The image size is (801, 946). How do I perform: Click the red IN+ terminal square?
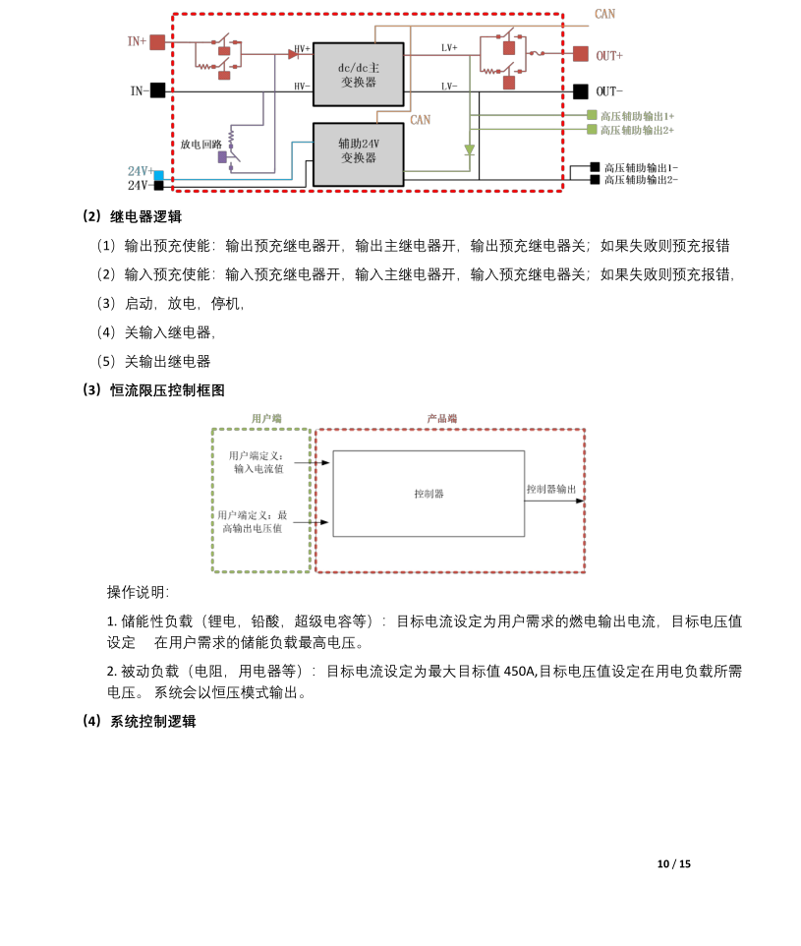tap(157, 42)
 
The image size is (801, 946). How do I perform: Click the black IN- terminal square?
tap(157, 90)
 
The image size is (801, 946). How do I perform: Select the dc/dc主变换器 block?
tap(359, 74)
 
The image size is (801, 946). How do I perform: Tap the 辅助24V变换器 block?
tap(359, 154)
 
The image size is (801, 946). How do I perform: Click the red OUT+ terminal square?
tap(581, 54)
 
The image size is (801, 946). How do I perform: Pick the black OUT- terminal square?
tap(581, 91)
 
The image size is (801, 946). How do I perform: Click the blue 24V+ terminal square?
tap(158, 176)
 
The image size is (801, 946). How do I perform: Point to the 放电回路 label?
tap(200, 145)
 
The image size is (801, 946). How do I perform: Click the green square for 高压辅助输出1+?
tap(593, 115)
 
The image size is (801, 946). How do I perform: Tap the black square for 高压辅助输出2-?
tap(595, 180)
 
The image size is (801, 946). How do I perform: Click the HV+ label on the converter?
tap(302, 48)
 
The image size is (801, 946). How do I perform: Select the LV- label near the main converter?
tap(449, 87)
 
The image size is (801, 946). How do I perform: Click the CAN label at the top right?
tap(605, 14)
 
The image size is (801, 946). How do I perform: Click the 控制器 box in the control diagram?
tap(429, 494)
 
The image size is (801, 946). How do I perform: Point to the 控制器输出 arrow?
tap(554, 501)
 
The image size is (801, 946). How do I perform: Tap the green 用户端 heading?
tap(266, 418)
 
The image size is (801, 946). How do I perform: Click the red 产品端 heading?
tap(442, 418)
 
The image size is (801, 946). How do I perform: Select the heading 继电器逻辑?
tap(146, 216)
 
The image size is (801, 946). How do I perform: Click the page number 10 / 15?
tap(674, 864)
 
